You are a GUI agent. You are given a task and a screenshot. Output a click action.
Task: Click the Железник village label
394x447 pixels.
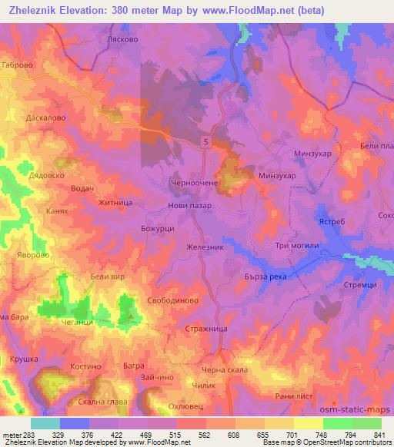[205, 247]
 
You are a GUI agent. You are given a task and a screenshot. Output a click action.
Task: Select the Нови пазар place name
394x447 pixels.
[189, 206]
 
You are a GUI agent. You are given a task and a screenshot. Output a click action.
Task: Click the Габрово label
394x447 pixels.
[18, 66]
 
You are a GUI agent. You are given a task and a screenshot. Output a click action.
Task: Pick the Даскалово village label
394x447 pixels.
[28, 118]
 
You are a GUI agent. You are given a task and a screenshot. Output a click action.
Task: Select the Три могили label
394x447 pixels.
[292, 245]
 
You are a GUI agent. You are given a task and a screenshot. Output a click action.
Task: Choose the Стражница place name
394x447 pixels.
[204, 329]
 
